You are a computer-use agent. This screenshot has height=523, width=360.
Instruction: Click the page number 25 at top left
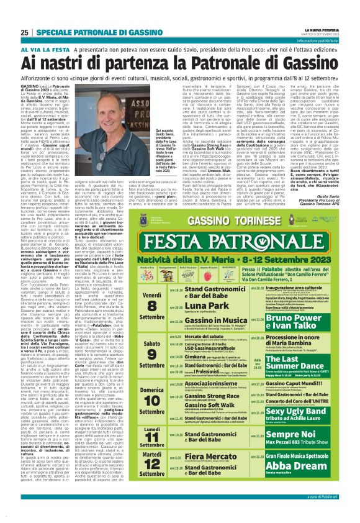coord(24,32)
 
